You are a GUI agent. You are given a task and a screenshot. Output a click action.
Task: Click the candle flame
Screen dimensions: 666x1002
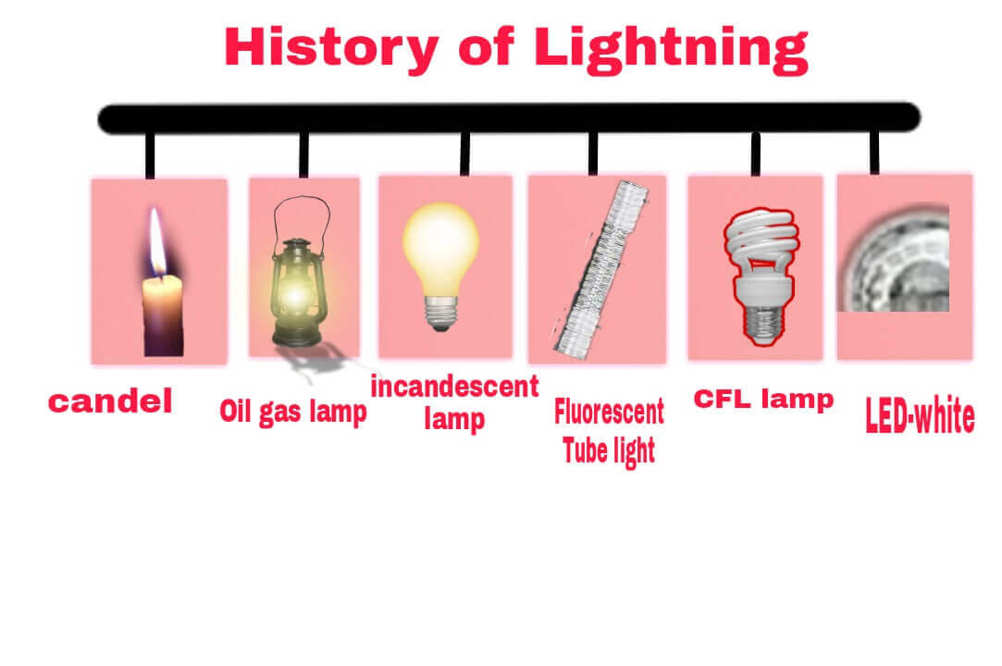tap(158, 242)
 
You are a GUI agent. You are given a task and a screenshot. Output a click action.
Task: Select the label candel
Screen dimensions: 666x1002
tap(110, 401)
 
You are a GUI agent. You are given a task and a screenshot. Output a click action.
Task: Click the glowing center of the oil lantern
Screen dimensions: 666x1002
tap(294, 295)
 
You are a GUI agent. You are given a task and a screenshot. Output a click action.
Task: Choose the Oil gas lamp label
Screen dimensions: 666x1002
tap(292, 411)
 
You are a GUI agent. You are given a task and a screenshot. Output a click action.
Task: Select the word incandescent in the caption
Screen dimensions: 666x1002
tap(454, 387)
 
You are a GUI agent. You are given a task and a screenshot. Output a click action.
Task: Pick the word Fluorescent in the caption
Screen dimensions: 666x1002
tap(609, 412)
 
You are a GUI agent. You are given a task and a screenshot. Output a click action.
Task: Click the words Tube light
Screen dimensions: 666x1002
tap(608, 450)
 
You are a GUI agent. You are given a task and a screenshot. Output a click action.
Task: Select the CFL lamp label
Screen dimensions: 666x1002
tap(763, 400)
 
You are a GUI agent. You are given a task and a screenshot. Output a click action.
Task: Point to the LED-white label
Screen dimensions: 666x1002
tap(919, 417)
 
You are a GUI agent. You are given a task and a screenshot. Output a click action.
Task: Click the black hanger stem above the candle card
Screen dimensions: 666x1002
tap(150, 154)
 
